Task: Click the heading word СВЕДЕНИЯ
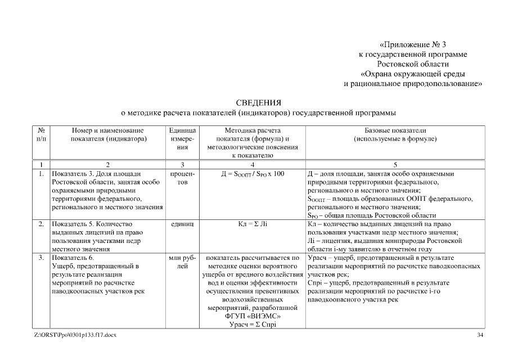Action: [x=258, y=102]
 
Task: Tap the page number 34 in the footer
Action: [x=480, y=335]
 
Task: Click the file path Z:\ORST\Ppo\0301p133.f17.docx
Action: [x=75, y=335]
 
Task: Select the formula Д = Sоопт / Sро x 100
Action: [x=253, y=174]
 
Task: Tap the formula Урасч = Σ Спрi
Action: [x=253, y=324]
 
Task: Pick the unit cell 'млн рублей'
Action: [x=182, y=262]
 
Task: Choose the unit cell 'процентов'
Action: [x=182, y=178]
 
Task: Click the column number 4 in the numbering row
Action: [x=253, y=165]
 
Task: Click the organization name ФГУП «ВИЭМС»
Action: [x=253, y=316]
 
